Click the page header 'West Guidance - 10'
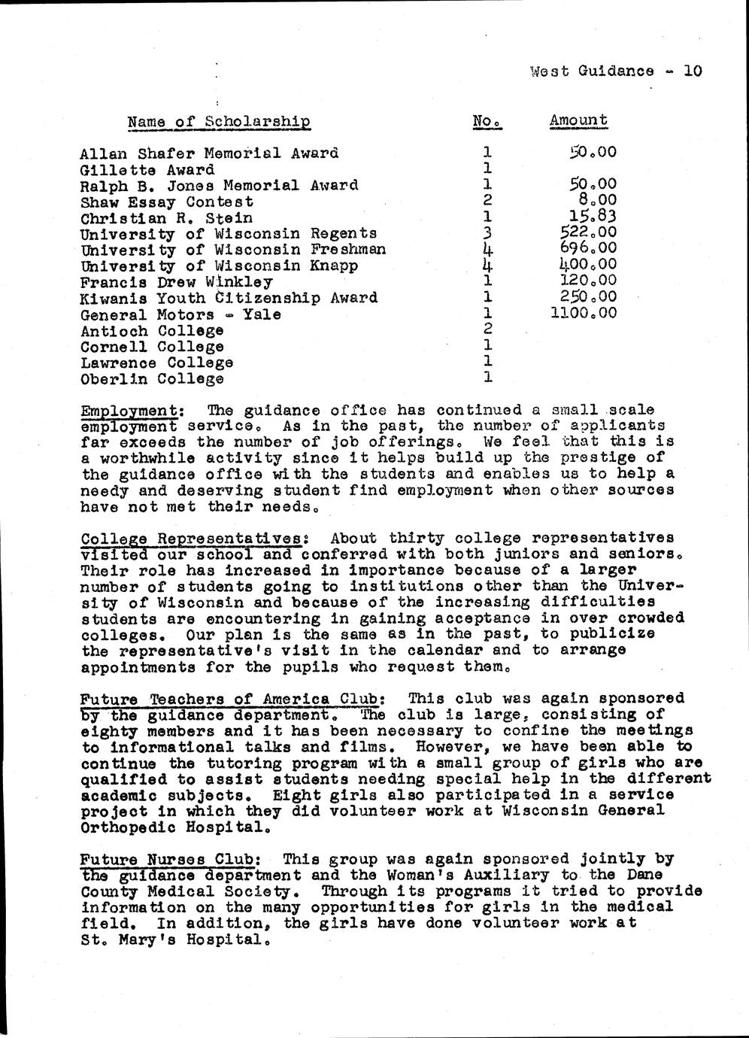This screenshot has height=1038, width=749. tap(615, 71)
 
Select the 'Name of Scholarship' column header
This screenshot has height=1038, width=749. tap(219, 121)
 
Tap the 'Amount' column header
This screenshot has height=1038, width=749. tap(578, 120)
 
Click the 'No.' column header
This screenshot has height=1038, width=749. tap(486, 120)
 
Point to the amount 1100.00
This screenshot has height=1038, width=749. tap(584, 312)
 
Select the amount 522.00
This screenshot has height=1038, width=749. tap(584, 232)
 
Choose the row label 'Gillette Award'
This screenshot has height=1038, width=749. tap(147, 169)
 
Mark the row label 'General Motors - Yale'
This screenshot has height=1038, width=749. tap(180, 314)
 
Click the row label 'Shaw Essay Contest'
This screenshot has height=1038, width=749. tap(166, 202)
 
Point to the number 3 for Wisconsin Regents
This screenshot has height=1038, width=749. tap(487, 233)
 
